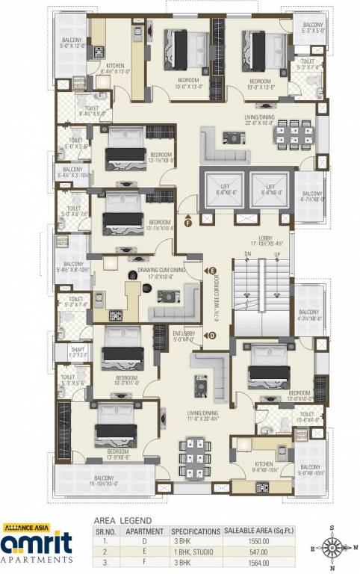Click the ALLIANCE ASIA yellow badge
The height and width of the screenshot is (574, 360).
tap(27, 528)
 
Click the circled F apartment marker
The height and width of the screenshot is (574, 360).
tap(189, 220)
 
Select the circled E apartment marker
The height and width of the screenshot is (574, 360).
tap(212, 270)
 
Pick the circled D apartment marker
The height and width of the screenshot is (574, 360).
tap(212, 336)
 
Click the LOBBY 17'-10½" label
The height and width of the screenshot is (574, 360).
tap(266, 239)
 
